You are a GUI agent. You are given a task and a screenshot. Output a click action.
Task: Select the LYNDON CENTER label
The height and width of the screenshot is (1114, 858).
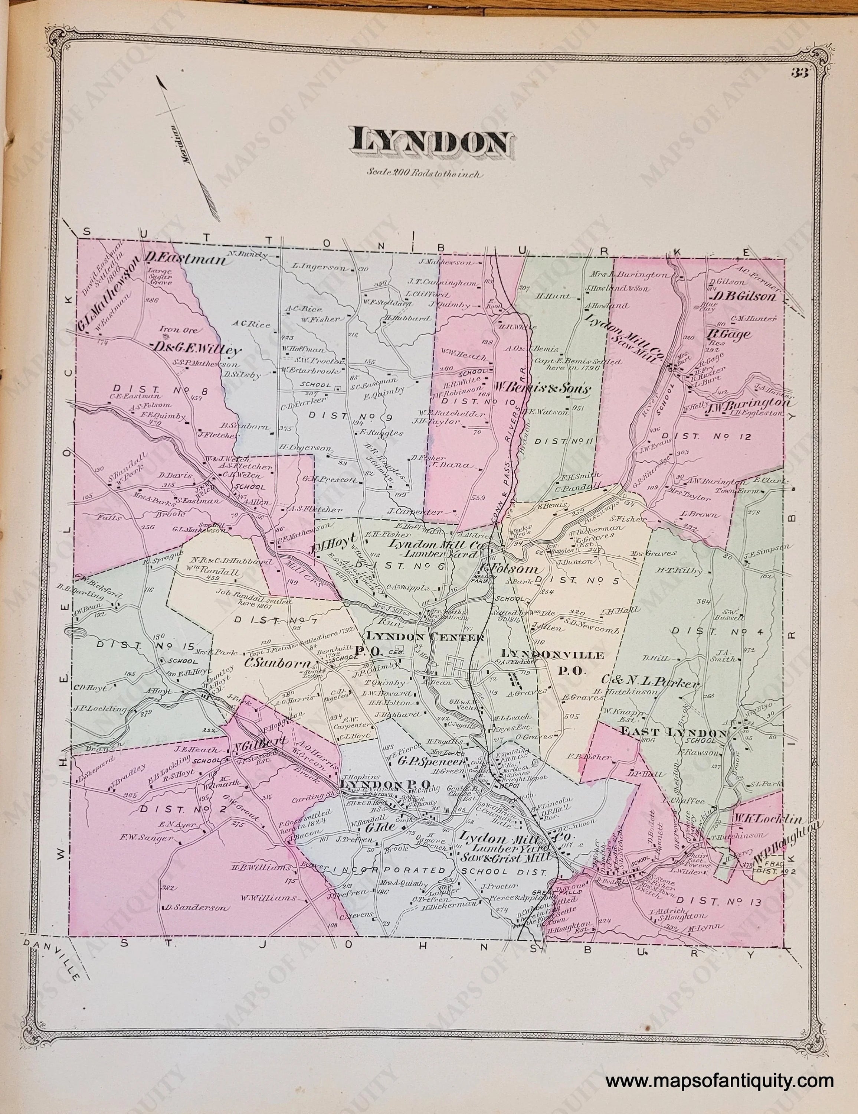(424, 637)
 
